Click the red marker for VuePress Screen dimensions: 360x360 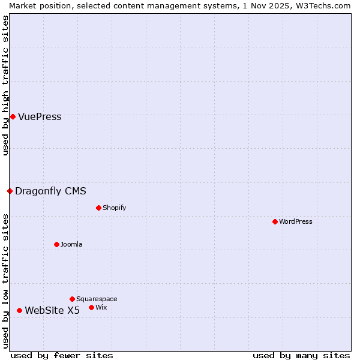[x=13, y=116]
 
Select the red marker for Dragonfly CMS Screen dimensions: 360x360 [x=10, y=191]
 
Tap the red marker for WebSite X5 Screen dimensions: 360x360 [x=19, y=310]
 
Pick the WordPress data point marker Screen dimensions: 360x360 [x=275, y=221]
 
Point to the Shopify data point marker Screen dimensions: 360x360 [x=98, y=208]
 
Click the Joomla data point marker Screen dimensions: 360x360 [x=56, y=244]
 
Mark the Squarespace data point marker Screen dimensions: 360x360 [x=72, y=299]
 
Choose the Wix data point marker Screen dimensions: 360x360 [x=91, y=307]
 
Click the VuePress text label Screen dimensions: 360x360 [x=40, y=117]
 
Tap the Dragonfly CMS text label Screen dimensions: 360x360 [x=50, y=191]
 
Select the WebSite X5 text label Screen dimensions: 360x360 [x=52, y=310]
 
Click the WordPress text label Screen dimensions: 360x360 [x=296, y=222]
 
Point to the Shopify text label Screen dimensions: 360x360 [x=114, y=208]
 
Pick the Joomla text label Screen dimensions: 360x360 [x=71, y=245]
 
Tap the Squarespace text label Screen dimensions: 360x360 [x=97, y=299]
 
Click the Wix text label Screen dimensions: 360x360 [x=101, y=308]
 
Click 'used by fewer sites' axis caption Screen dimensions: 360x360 [x=62, y=355]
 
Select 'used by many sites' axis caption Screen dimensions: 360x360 [x=301, y=355]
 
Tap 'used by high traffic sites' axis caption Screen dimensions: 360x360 [x=5, y=85]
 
